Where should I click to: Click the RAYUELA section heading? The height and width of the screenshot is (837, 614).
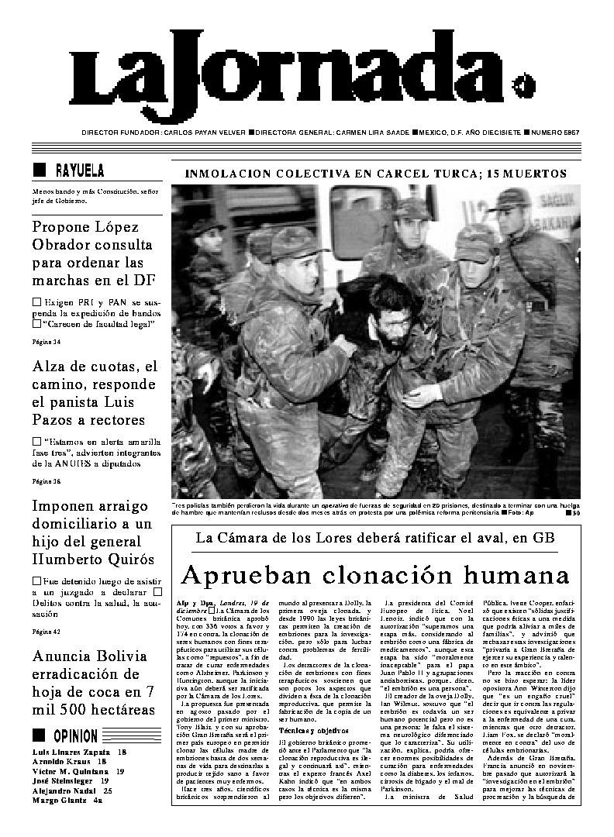(x=79, y=170)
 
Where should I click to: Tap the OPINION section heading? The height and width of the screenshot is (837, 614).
(x=75, y=736)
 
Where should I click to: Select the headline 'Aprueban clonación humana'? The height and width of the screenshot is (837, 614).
(x=375, y=576)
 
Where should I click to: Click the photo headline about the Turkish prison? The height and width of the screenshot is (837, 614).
(x=375, y=174)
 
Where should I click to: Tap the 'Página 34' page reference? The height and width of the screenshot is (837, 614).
(x=46, y=341)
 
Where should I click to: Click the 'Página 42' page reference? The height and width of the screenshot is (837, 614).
(x=46, y=632)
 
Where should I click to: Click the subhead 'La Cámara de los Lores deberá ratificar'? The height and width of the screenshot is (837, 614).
(x=375, y=537)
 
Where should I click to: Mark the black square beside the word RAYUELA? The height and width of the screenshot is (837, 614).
(x=40, y=170)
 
